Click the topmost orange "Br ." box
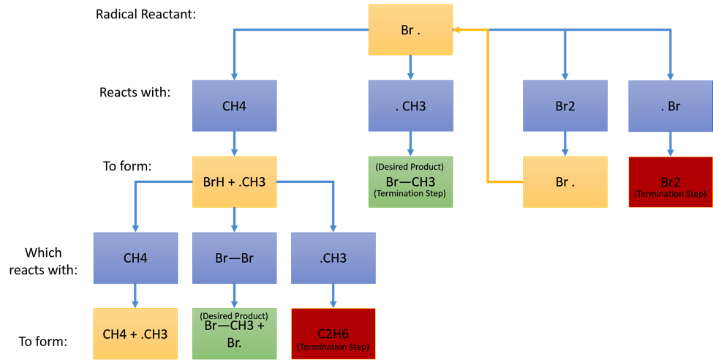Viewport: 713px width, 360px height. tap(410, 30)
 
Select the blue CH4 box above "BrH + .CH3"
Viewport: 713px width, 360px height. tap(234, 106)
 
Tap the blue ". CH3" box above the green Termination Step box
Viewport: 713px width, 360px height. tap(410, 106)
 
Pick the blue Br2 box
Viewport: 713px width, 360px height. tap(565, 106)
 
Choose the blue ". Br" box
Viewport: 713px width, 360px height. tap(670, 106)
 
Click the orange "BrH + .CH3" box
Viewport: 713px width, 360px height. tap(234, 181)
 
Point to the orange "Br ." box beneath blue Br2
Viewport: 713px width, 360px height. tap(565, 181)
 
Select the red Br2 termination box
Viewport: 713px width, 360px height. tap(670, 182)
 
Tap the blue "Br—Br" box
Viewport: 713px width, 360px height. tap(234, 258)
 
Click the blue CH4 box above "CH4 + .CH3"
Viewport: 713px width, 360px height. tap(135, 258)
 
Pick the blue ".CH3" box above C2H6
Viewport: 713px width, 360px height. tap(333, 258)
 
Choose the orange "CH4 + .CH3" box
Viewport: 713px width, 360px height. tap(135, 334)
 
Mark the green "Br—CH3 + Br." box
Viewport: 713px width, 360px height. tap(234, 334)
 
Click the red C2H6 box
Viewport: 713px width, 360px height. tap(333, 334)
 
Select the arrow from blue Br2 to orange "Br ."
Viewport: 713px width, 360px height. tap(565, 144)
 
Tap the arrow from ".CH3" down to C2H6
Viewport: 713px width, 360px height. tap(333, 296)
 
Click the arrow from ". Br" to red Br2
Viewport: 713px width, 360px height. tap(670, 144)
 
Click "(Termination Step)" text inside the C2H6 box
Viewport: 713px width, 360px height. tap(333, 346)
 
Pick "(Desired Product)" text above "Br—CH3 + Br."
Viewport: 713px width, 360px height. tap(234, 316)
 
